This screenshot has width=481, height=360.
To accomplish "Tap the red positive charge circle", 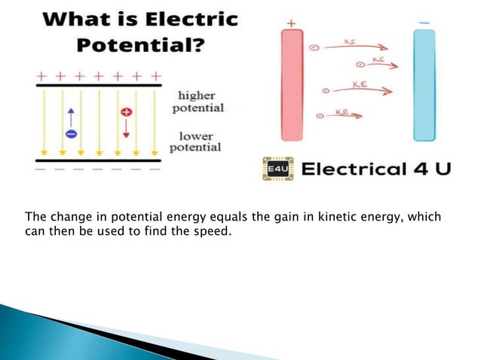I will click(x=126, y=111).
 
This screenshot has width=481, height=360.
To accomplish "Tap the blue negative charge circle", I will click(x=70, y=134).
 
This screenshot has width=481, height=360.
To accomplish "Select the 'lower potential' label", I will click(x=195, y=141).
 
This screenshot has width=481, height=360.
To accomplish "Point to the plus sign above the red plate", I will click(x=291, y=22).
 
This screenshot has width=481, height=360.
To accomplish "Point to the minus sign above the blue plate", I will click(x=424, y=23).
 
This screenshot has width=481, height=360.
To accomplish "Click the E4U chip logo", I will click(x=276, y=169).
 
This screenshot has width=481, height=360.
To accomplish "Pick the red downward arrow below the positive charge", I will click(x=126, y=128).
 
